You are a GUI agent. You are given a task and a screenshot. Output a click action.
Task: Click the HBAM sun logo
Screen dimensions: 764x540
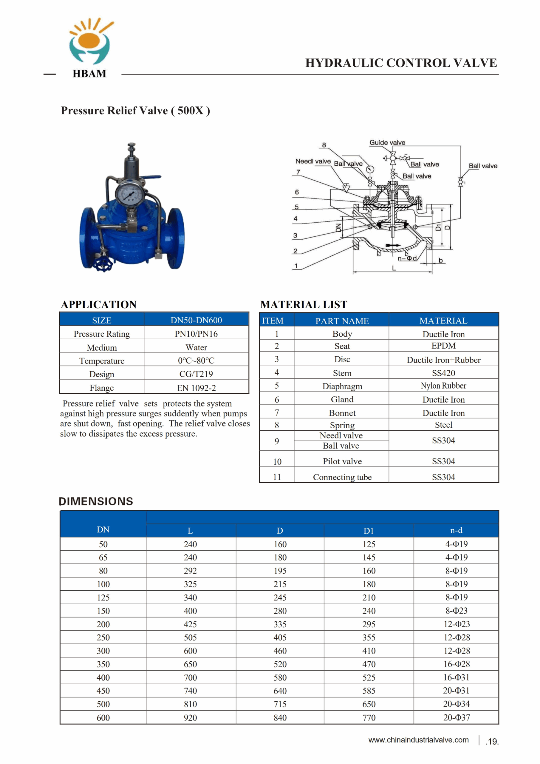90,41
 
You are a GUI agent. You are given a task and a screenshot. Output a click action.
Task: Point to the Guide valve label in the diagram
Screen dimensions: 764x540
387,142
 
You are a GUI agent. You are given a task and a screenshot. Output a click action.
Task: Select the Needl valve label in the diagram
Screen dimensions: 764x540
313,161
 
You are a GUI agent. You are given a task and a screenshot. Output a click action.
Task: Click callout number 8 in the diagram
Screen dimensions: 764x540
324,145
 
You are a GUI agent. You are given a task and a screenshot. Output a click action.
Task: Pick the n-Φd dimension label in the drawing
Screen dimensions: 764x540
407,258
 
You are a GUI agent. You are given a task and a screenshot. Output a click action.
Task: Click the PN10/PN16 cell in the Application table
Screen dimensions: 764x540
196,334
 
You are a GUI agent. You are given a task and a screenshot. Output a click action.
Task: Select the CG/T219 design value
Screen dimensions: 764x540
196,374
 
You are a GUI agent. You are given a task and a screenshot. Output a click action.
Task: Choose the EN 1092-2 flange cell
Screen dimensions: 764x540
196,388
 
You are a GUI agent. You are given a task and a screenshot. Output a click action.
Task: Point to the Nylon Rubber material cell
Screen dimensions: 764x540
444,386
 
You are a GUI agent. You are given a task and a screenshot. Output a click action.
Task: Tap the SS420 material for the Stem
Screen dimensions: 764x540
444,373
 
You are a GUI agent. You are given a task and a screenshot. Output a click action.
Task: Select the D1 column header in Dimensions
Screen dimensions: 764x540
369,531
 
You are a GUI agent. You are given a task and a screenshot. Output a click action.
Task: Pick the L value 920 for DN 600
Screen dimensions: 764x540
190,718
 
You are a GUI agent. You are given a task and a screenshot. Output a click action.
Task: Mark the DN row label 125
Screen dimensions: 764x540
103,598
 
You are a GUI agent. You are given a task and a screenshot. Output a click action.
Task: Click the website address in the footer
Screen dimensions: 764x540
418,740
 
